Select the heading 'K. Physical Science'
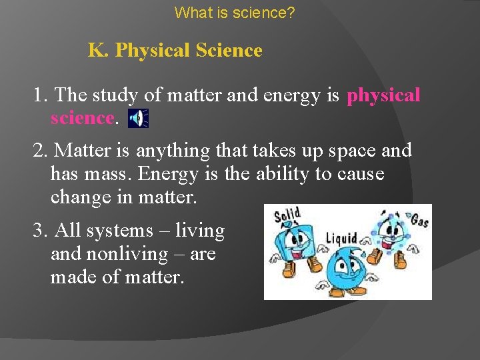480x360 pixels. (x=175, y=51)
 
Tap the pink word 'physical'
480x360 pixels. (x=383, y=95)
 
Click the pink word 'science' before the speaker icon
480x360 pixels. (x=83, y=118)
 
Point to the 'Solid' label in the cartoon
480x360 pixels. (x=287, y=215)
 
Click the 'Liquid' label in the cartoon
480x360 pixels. (x=341, y=237)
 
